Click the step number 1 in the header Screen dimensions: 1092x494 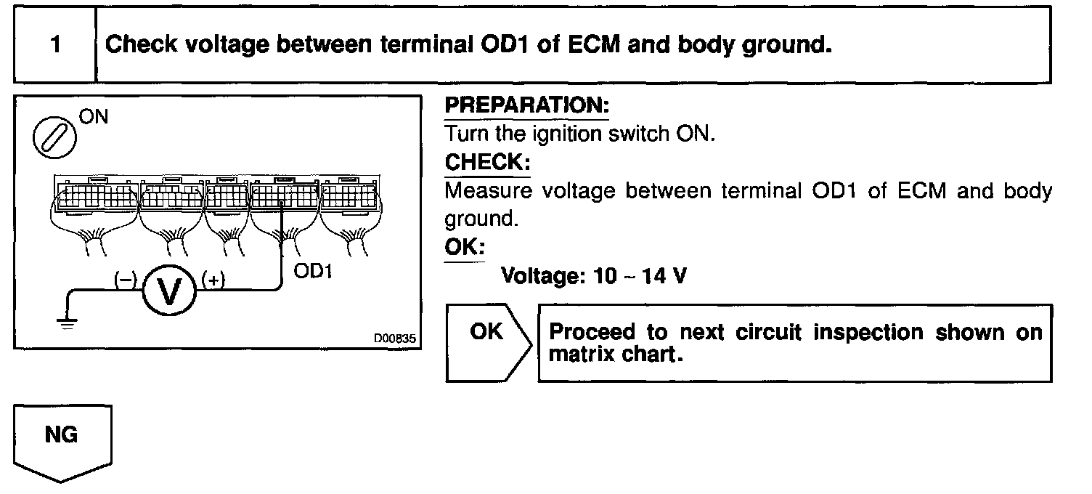pyautogui.click(x=55, y=45)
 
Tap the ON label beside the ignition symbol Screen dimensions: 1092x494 pyautogui.click(x=93, y=117)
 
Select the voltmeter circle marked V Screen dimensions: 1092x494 pyautogui.click(x=169, y=291)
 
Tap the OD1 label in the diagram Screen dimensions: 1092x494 pyautogui.click(x=314, y=272)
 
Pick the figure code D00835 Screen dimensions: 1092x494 pyautogui.click(x=396, y=338)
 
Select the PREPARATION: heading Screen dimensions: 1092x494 pyautogui.click(x=526, y=105)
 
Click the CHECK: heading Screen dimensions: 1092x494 pyautogui.click(x=486, y=162)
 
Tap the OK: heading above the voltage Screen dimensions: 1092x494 pyautogui.click(x=463, y=247)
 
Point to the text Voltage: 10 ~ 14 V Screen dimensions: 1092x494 pyautogui.click(x=594, y=276)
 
